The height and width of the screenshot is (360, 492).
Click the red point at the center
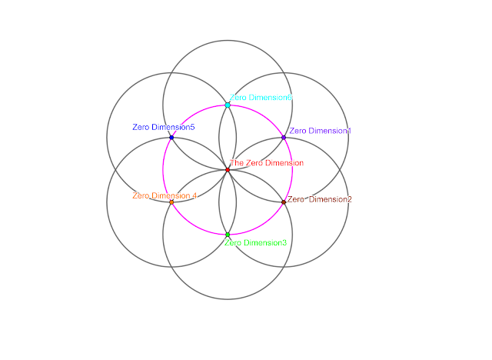coord(228,169)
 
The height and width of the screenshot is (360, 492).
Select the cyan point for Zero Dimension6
coord(228,105)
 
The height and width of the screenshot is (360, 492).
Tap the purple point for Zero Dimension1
coord(284,137)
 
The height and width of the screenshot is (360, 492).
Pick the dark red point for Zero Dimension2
coord(284,202)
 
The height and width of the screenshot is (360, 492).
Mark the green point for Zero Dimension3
coord(228,235)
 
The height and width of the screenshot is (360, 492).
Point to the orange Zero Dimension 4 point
coord(171,202)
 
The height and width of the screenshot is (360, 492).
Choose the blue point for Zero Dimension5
coord(171,137)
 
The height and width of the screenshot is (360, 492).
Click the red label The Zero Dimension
coord(267,163)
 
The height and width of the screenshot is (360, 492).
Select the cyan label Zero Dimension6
coord(261,98)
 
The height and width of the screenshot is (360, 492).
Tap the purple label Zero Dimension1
coord(320,131)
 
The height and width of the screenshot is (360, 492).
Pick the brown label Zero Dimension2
coord(320,200)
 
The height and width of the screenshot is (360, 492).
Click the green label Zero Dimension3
coord(255,243)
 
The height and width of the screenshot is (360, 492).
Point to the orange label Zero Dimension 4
coord(165,196)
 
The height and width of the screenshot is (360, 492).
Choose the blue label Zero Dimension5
coord(164,127)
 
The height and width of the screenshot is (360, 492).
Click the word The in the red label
coord(237,163)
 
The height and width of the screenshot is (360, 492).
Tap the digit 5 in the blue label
coord(192,127)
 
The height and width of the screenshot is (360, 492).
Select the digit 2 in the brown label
coord(350,200)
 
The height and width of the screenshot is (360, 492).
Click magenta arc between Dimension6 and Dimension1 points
coord(260,113)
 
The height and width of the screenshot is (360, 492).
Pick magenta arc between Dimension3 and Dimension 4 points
coord(195,225)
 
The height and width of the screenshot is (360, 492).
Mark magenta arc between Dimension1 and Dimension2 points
coord(292,169)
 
